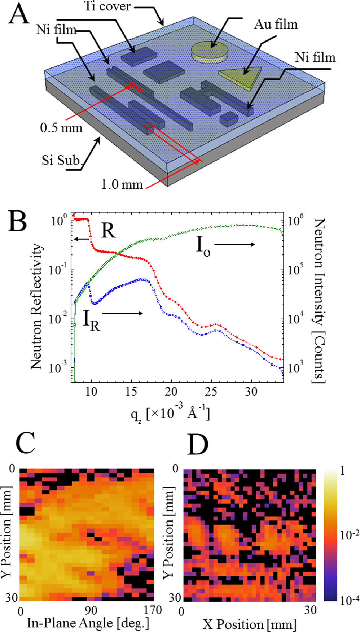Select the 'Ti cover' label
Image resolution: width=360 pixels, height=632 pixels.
click(107, 6)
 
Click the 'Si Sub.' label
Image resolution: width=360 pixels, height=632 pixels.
click(62, 160)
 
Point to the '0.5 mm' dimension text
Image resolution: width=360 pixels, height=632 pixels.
click(61, 128)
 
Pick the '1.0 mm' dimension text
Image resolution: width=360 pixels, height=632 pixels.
click(122, 184)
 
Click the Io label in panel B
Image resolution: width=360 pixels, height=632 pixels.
click(203, 246)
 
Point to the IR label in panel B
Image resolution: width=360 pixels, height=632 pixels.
click(92, 320)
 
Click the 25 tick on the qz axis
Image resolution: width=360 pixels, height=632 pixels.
click(211, 392)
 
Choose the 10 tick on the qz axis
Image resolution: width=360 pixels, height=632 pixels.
click(91, 392)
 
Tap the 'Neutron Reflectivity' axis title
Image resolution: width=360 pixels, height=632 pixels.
click(36, 306)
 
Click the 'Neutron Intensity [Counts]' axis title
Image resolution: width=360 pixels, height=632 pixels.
click(319, 300)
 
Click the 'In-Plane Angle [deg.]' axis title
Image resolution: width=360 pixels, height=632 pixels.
click(88, 623)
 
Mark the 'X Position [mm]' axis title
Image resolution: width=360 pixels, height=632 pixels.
click(250, 624)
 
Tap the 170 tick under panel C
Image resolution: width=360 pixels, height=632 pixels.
click(152, 610)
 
